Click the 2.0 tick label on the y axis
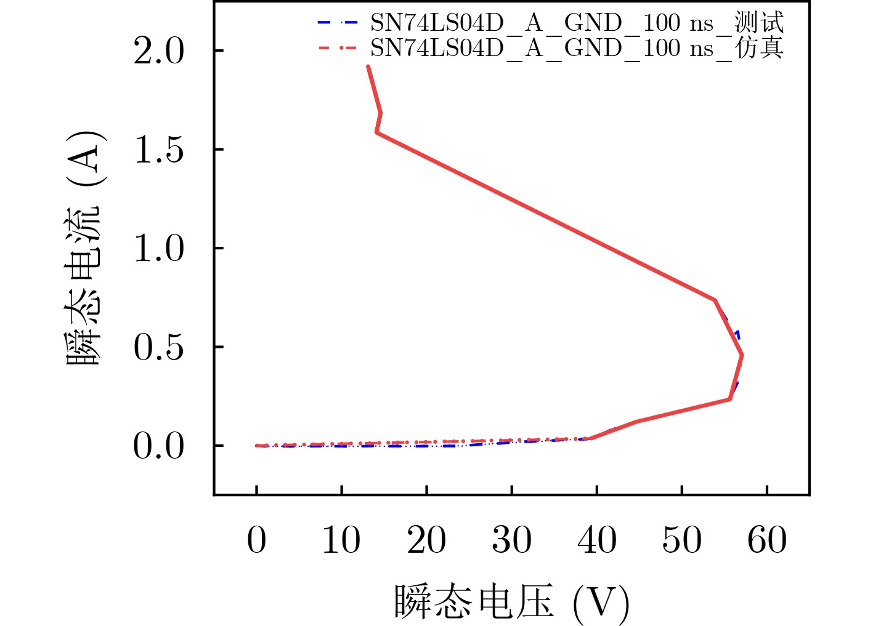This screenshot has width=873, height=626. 158,50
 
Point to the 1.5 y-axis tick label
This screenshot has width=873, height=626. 158,150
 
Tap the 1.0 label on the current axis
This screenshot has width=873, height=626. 158,248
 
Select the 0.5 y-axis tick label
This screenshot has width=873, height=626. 158,347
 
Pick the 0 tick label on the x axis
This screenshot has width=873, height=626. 256,540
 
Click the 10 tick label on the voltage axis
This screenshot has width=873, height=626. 341,540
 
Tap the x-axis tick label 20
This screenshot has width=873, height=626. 426,540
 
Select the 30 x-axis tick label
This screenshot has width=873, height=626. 511,540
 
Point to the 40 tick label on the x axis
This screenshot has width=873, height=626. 596,540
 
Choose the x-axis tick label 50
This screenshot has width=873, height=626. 681,540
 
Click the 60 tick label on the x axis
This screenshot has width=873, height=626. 766,540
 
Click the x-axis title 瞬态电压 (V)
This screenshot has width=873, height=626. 511,601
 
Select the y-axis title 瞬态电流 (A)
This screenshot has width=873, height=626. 84,248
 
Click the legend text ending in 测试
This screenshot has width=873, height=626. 577,23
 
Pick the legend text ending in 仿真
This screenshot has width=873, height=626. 577,47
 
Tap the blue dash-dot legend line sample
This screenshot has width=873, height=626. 337,23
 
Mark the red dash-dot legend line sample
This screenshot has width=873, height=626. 337,47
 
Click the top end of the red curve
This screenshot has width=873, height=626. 368,66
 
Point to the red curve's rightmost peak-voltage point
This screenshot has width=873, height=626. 742,355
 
